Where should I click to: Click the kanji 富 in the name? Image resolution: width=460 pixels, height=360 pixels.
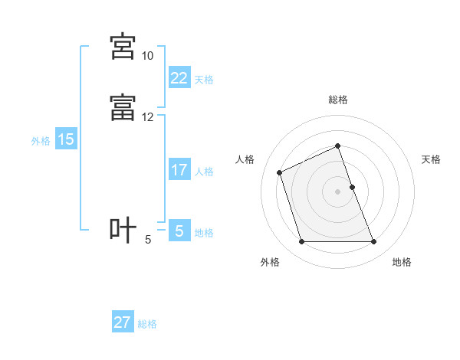click(x=123, y=107)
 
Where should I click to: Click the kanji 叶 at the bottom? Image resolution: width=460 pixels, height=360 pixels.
click(x=123, y=230)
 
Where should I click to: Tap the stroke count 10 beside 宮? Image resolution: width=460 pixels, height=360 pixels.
click(x=147, y=56)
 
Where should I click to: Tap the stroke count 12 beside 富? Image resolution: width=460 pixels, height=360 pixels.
click(x=147, y=117)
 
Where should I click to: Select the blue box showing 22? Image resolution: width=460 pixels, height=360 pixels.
click(x=179, y=77)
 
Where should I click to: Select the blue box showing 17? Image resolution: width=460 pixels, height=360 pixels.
click(x=179, y=169)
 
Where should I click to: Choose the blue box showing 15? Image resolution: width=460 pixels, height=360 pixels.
click(x=66, y=139)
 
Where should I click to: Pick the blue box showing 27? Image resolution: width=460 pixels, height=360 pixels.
click(x=122, y=322)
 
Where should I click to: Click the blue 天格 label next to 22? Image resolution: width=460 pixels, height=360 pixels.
click(x=204, y=80)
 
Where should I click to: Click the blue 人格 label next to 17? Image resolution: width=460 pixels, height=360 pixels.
click(x=204, y=172)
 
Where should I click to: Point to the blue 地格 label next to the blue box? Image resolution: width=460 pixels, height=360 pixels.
click(x=204, y=233)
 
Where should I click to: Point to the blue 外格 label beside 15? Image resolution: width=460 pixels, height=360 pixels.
click(x=41, y=141)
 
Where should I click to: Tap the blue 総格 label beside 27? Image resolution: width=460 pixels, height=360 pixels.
click(x=147, y=325)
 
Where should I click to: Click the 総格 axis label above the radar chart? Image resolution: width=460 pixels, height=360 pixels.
click(x=338, y=100)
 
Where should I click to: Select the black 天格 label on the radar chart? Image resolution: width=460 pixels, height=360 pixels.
click(x=431, y=159)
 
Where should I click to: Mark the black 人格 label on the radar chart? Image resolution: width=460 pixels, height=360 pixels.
click(x=245, y=159)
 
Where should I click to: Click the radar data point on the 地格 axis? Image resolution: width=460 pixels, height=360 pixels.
click(x=374, y=242)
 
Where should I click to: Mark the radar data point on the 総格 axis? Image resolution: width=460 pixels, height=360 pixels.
click(x=338, y=146)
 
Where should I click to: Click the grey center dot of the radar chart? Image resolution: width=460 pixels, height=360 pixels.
click(x=338, y=191)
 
